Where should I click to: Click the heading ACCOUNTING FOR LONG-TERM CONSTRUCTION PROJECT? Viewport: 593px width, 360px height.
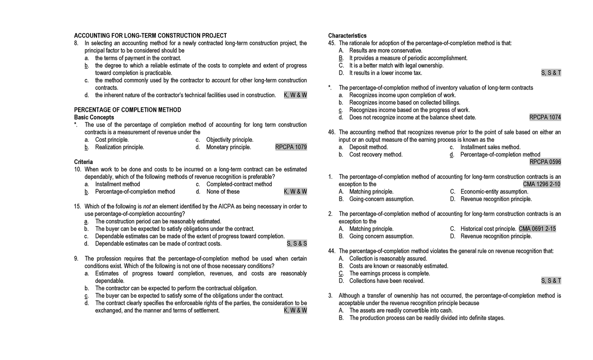(x=150, y=36)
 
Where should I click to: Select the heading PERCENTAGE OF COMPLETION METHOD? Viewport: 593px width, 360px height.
(x=127, y=110)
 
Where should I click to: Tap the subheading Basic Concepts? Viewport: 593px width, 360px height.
(x=94, y=117)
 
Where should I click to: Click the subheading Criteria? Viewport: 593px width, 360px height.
(x=83, y=161)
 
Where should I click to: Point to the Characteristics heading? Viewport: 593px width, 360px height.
(x=347, y=36)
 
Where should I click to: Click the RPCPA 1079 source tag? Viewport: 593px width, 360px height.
(x=291, y=147)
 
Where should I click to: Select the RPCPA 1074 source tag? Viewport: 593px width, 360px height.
(x=545, y=117)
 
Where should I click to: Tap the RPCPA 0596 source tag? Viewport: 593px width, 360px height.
(x=545, y=161)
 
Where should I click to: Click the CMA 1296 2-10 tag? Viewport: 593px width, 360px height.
(x=542, y=184)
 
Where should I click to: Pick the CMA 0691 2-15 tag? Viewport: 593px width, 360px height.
(x=538, y=229)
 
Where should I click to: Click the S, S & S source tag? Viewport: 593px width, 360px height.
(x=297, y=243)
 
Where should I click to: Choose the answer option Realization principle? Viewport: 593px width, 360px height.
(x=120, y=147)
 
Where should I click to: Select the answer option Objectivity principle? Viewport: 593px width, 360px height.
(x=229, y=140)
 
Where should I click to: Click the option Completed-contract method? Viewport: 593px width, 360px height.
(x=239, y=184)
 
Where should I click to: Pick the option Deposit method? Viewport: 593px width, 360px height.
(x=368, y=147)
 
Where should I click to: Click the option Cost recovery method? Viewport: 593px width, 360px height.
(x=376, y=155)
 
